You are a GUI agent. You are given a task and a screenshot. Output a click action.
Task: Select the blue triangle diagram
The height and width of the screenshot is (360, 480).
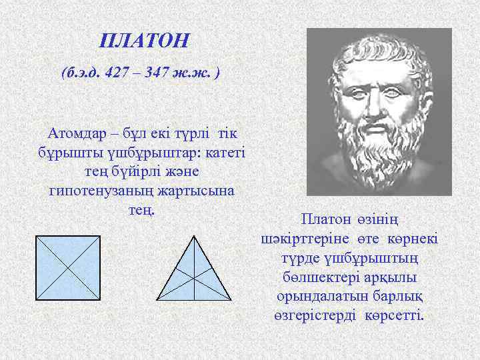(193, 273)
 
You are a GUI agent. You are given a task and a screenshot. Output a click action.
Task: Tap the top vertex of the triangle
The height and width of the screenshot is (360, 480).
(193, 236)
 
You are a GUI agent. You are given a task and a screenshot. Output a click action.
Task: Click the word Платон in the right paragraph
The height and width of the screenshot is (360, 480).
(323, 219)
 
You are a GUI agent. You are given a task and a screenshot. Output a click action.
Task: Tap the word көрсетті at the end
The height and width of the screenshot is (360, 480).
(395, 315)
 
